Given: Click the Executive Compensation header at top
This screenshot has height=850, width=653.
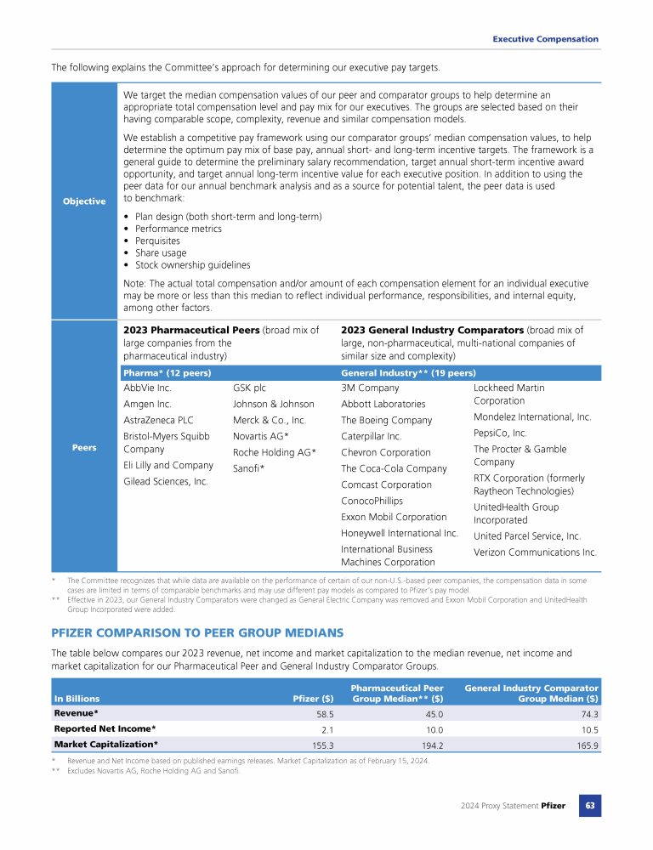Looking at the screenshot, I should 546,39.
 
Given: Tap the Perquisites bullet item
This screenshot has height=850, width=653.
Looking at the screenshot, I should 164,241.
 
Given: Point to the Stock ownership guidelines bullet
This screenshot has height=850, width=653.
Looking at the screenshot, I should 192,265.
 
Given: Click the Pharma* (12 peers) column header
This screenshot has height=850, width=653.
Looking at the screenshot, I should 168,372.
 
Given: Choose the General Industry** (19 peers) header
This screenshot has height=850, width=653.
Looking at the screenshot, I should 408,372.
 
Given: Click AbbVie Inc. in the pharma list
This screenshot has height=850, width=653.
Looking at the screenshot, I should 148,388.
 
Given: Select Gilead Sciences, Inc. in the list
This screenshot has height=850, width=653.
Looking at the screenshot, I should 166,481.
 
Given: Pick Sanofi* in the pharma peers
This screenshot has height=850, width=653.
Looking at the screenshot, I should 249,467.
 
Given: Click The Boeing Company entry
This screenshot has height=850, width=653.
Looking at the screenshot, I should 386,420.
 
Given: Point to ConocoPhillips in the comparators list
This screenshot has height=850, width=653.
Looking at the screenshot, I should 372,501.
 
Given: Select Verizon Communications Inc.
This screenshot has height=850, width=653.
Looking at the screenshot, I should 535,552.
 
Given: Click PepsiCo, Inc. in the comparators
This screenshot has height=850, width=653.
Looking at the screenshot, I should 500,433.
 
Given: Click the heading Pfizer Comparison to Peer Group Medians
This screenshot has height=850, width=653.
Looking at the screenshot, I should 197,632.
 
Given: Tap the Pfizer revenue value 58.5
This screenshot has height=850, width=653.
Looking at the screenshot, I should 325,715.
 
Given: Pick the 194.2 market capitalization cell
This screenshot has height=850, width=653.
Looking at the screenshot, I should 432,745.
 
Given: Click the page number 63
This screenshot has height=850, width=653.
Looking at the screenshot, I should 589,805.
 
